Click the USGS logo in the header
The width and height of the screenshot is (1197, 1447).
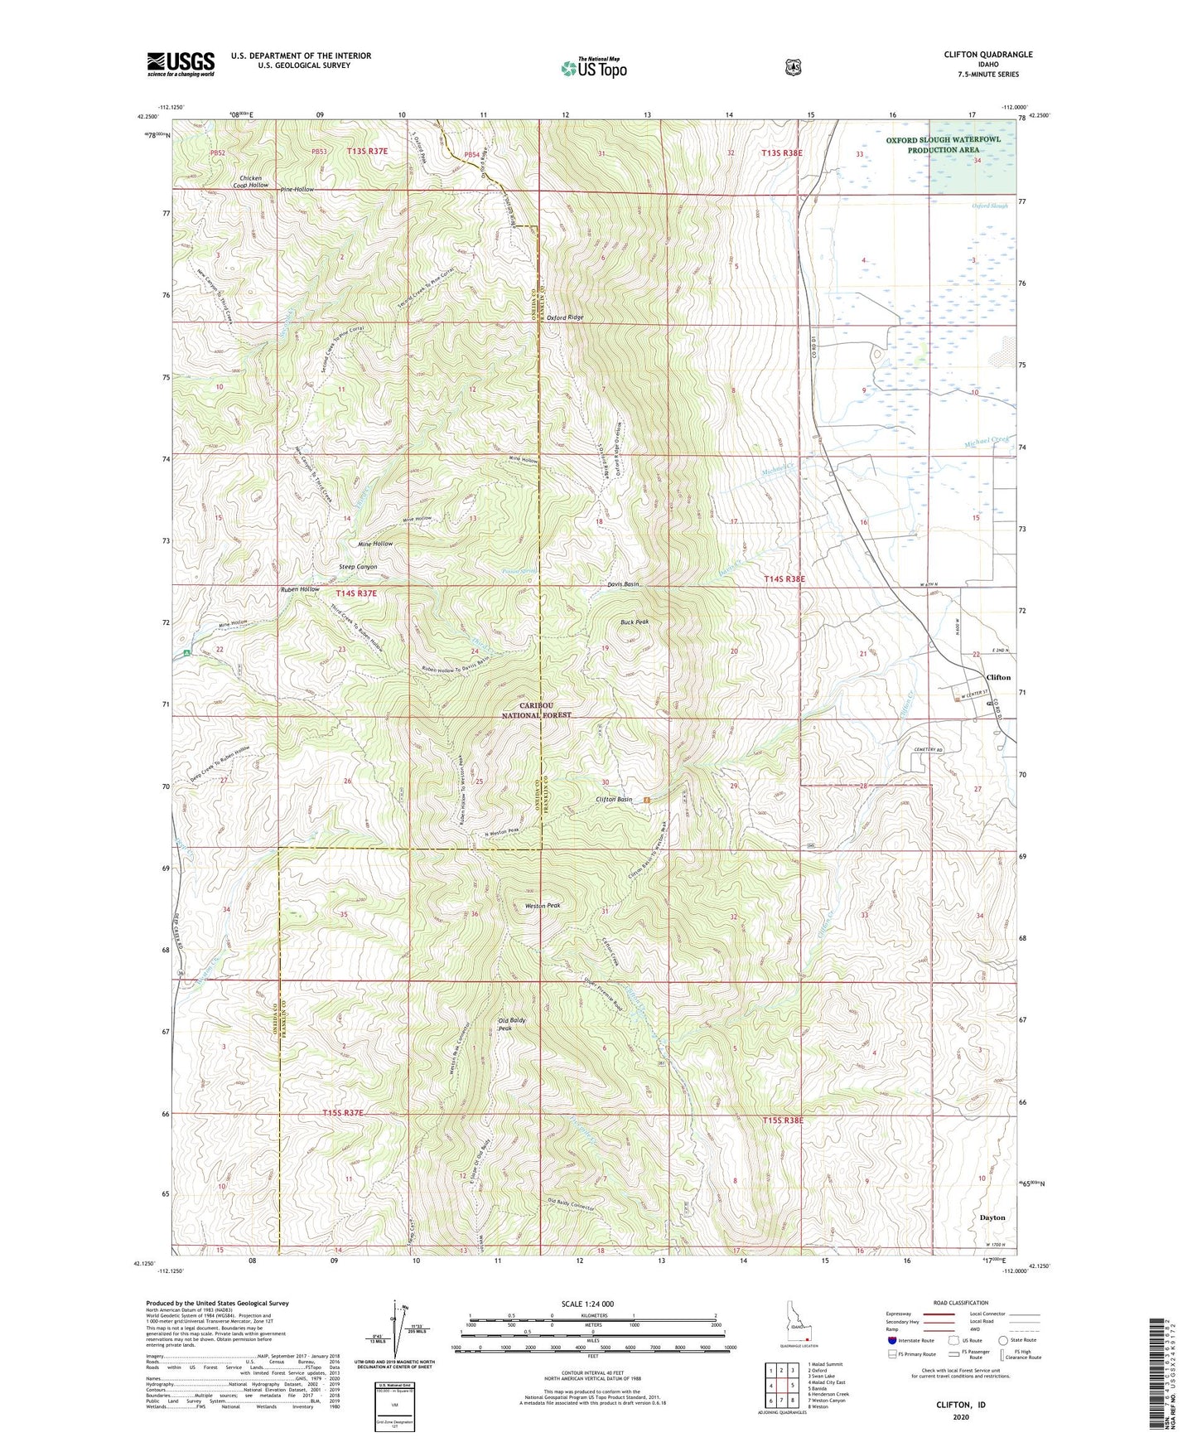[x=181, y=64]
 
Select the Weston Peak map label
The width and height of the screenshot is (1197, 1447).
[x=543, y=906]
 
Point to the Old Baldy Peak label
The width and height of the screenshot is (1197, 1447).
[x=511, y=1024]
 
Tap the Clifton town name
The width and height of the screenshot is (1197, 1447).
[x=998, y=677]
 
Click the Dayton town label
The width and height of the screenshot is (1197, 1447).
[x=992, y=1217]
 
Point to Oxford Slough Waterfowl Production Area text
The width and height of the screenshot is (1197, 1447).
[x=943, y=145]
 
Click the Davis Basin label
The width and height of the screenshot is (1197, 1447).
[x=620, y=584]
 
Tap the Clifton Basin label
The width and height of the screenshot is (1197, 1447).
[x=614, y=800]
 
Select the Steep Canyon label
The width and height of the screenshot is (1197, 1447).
[x=358, y=567]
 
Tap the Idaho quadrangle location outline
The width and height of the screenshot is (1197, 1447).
[x=798, y=1330]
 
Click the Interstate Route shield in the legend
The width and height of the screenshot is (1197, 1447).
[x=891, y=1340]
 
